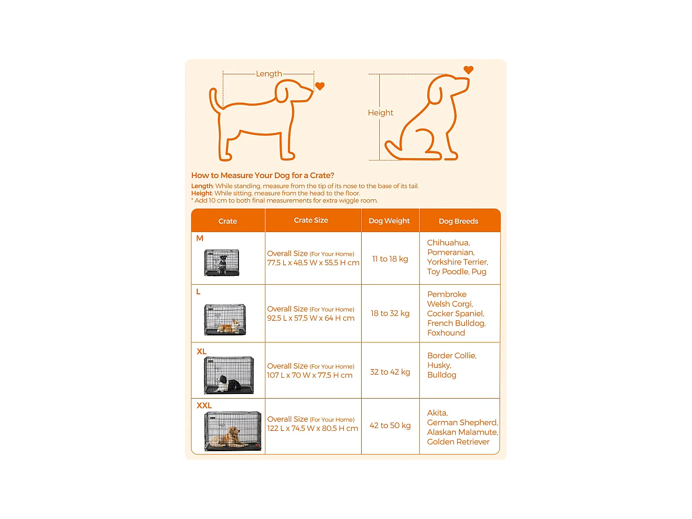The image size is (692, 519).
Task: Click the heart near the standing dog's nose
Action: [x=320, y=86]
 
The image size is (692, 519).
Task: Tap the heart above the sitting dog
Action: [x=468, y=70]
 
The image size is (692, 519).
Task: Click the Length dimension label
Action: [x=268, y=74]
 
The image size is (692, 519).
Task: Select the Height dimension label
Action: [x=380, y=113]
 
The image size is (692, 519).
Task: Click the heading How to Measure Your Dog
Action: [x=262, y=175]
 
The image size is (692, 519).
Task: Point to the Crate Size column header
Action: [x=311, y=221]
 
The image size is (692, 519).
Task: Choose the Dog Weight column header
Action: [x=389, y=221]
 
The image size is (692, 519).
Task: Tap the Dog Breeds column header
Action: [x=458, y=221]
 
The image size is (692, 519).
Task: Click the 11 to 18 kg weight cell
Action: [x=390, y=259]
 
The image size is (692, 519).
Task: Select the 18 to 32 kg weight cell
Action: [x=390, y=313]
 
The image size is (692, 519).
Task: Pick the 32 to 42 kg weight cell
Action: [x=390, y=372]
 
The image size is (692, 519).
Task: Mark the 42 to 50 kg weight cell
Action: [x=390, y=425]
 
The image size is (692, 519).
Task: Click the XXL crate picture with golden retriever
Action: [x=233, y=431]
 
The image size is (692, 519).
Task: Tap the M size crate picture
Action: [x=222, y=262]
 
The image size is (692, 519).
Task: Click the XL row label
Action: [x=202, y=352]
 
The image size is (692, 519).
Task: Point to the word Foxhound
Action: [x=446, y=333]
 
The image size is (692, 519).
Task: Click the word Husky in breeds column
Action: [x=438, y=365]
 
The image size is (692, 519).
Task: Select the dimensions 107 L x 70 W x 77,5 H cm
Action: [x=310, y=376]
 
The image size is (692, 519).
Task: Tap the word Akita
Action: [x=437, y=413]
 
